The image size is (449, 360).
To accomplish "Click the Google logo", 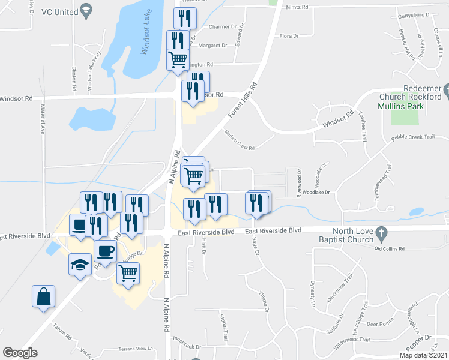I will pos(20,353).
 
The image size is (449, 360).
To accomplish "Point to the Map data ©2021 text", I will pos(424,355).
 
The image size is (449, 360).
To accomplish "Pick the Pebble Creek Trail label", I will pos(412,137).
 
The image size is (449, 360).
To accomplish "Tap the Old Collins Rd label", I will pos(390,248).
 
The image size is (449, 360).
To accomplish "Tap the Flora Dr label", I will pos(289,37).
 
